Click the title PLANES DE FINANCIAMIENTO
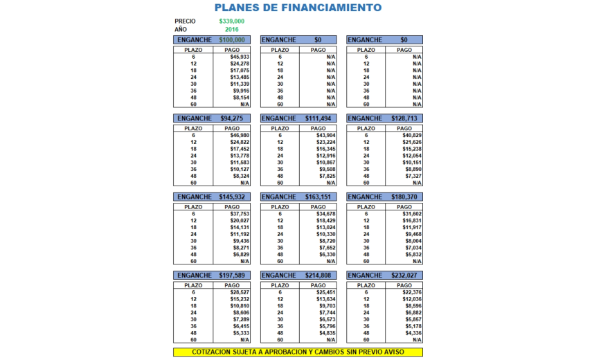298,8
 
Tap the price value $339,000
231,21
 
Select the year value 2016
231,30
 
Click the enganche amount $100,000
231,40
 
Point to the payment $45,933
240,57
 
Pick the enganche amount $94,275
231,118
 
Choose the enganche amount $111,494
319,118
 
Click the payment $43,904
326,135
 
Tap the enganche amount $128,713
404,118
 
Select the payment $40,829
412,135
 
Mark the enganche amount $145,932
231,197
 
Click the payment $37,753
240,214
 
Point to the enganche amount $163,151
319,197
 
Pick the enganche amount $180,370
404,197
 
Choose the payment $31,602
412,214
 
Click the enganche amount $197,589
231,276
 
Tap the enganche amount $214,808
319,276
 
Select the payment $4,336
412,333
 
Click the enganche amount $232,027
404,276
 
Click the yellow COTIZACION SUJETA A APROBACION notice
298,352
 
